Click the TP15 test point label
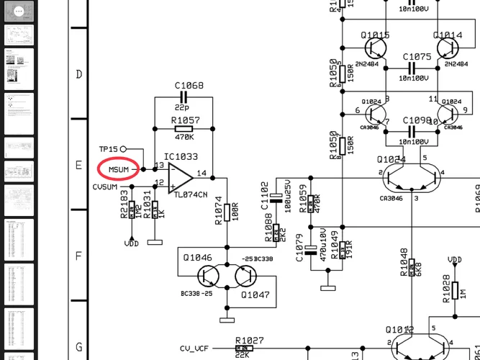pyautogui.click(x=109, y=149)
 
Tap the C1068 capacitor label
pyautogui.click(x=189, y=86)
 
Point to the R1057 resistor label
pyautogui.click(x=186, y=120)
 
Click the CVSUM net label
pyautogui.click(x=105, y=187)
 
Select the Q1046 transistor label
pyautogui.click(x=197, y=258)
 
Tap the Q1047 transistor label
pyautogui.click(x=254, y=294)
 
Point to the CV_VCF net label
pyautogui.click(x=193, y=348)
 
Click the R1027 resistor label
pyautogui.click(x=249, y=340)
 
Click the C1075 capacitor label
pyautogui.click(x=417, y=56)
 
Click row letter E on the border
pyautogui.click(x=78, y=165)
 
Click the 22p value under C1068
pyautogui.click(x=184, y=107)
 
